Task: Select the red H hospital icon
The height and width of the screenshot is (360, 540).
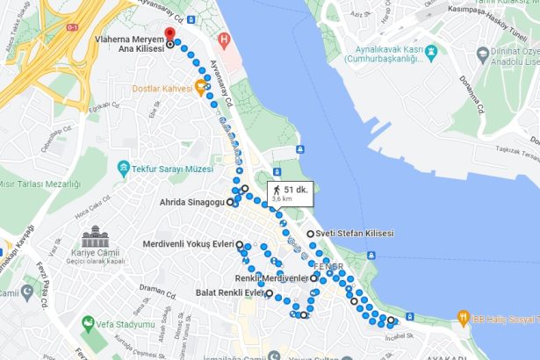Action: [x=225, y=40]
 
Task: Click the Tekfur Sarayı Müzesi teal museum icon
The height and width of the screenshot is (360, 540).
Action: [x=124, y=167]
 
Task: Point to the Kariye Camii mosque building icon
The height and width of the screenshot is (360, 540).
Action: [x=94, y=237]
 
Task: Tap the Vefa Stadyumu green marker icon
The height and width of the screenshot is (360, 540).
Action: [x=87, y=324]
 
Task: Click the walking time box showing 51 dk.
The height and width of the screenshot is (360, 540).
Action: [x=288, y=193]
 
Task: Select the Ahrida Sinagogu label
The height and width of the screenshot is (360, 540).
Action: [x=191, y=202]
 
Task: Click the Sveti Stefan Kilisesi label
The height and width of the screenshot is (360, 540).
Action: [x=355, y=234]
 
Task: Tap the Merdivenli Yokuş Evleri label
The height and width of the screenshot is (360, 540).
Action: [x=188, y=243]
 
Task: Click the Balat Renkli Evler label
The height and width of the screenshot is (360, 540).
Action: [x=228, y=292]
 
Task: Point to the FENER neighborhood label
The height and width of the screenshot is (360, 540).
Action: [x=329, y=265]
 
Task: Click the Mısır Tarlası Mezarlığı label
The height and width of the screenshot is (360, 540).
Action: [x=40, y=184]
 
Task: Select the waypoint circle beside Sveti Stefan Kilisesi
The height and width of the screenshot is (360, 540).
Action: [x=310, y=234]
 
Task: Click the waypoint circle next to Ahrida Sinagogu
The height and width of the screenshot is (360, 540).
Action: [x=231, y=202]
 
